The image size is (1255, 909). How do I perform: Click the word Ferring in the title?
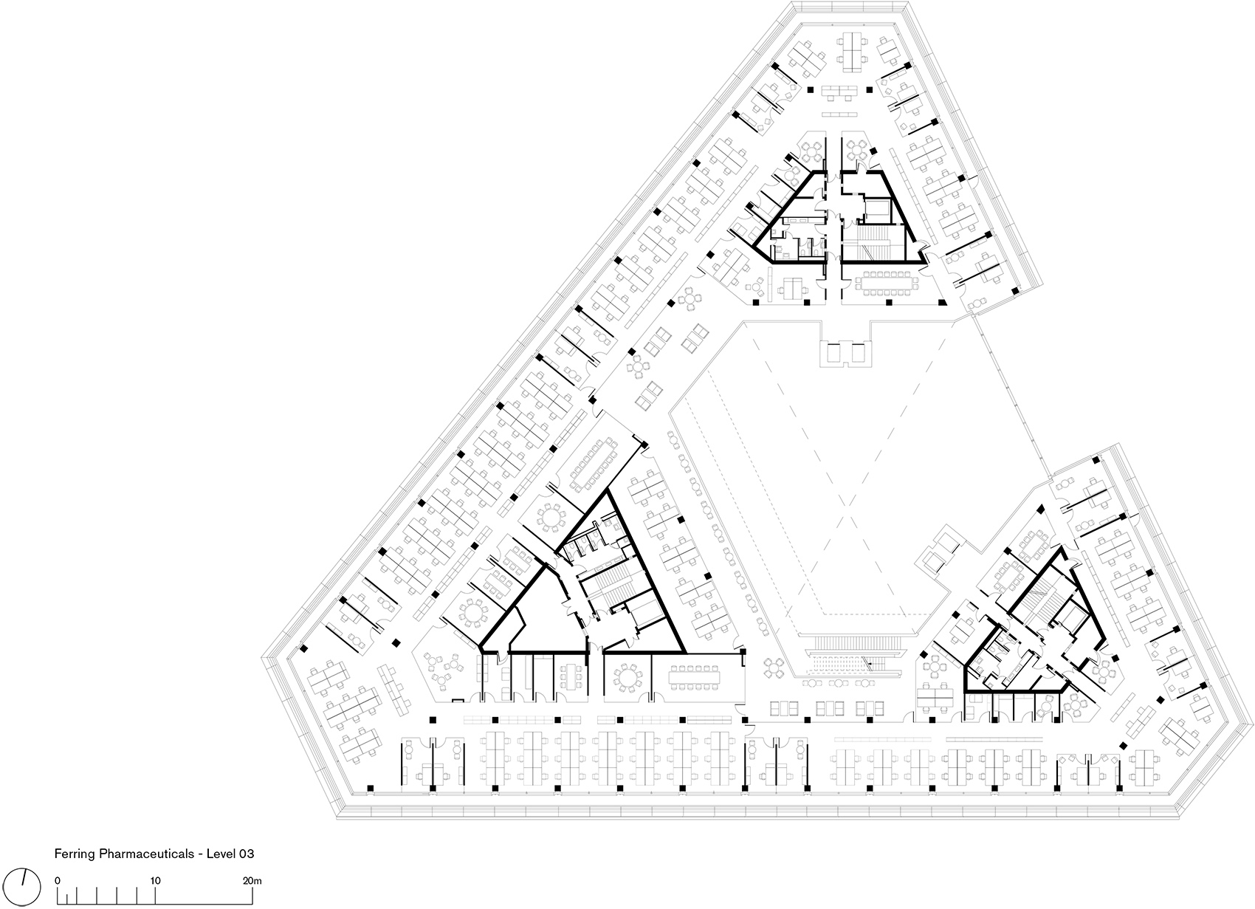[x=75, y=854]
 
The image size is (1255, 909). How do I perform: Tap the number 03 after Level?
[x=247, y=854]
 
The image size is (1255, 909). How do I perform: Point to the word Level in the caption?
[x=221, y=854]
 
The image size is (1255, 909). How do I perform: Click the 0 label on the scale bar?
[x=57, y=880]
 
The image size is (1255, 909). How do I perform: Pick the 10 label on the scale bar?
[x=155, y=880]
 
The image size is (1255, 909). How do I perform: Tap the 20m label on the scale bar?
[x=252, y=880]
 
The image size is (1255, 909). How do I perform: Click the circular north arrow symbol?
[x=23, y=887]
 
